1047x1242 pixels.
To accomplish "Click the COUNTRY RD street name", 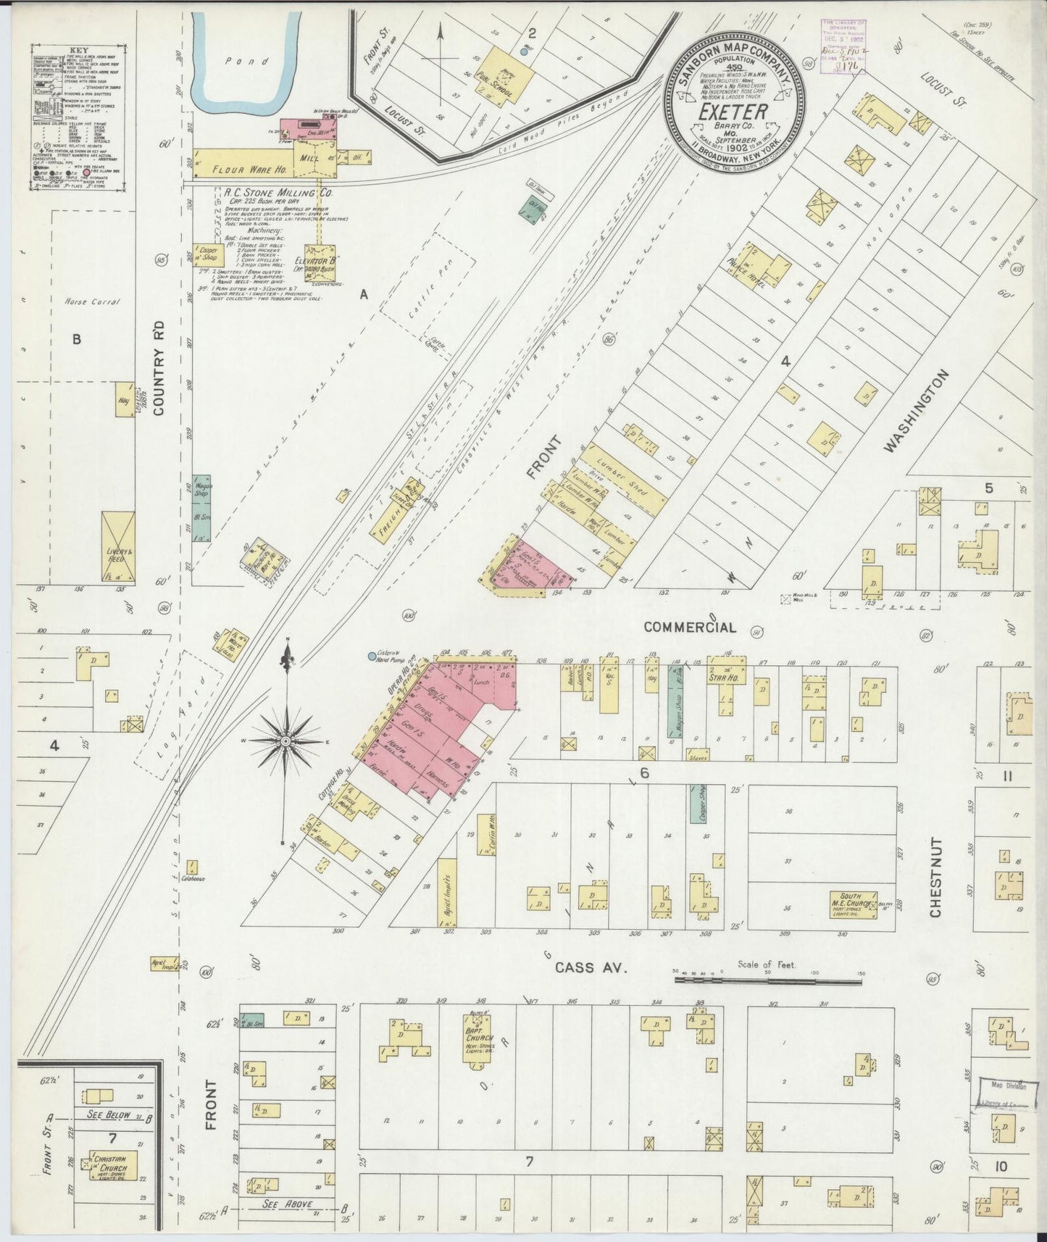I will pos(161,367).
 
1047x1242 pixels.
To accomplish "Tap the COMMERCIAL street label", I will pos(691,627).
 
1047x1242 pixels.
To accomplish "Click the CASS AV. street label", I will pos(591,967).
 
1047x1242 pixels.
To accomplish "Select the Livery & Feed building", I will pos(117,548).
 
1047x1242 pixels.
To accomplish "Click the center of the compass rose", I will pos(287,741).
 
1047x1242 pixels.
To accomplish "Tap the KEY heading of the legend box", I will pos(83,51).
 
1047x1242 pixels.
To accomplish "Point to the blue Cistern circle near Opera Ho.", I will pos(372,657).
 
